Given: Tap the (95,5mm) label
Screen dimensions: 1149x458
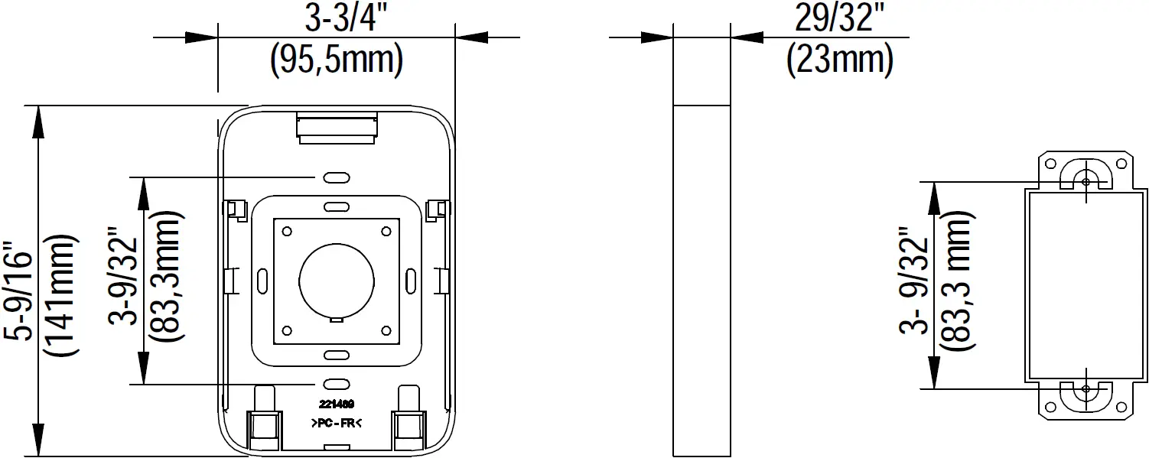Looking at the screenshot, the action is point(337,60).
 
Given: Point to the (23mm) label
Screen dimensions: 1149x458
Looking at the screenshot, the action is point(840,60).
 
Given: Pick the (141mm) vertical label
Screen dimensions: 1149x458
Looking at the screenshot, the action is point(61,295).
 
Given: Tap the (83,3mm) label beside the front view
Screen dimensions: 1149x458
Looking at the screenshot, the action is point(165,276).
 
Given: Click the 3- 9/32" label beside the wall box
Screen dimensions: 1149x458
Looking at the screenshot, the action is point(915,285).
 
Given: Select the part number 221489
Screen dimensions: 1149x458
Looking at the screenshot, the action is point(337,404).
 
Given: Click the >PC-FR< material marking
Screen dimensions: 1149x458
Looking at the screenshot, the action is point(337,423).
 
